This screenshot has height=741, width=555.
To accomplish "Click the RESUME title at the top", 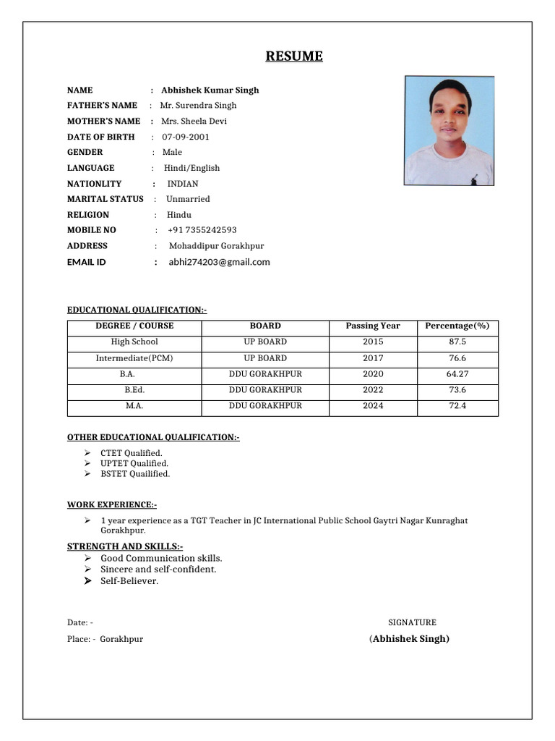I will (293, 56).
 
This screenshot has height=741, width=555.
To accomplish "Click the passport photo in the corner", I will (449, 131).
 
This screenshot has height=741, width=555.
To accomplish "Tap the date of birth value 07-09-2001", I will (186, 137).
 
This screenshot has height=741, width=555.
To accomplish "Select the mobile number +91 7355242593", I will (202, 230).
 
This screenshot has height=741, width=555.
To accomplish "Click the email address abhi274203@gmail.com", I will (219, 262).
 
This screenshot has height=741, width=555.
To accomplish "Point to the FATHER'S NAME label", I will (102, 106).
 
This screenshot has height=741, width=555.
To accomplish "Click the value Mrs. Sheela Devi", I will (194, 121).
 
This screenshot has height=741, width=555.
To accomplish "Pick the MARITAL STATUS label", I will (105, 199).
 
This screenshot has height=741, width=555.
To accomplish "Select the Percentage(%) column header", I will (457, 326).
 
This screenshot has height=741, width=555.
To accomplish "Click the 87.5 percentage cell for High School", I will (457, 342).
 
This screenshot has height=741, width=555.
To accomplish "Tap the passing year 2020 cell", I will (373, 374).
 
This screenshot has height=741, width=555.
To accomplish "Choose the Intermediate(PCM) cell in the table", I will (134, 358).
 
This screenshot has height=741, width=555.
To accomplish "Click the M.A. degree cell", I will (134, 406).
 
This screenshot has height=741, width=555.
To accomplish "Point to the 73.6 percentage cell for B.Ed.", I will (457, 390).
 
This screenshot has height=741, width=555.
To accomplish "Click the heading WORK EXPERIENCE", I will (111, 504).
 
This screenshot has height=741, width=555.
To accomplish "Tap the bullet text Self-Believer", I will (129, 581).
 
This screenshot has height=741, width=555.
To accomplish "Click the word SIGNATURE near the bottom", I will (412, 622).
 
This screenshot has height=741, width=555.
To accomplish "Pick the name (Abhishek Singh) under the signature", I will (409, 639).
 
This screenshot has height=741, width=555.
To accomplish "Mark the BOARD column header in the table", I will (265, 326).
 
